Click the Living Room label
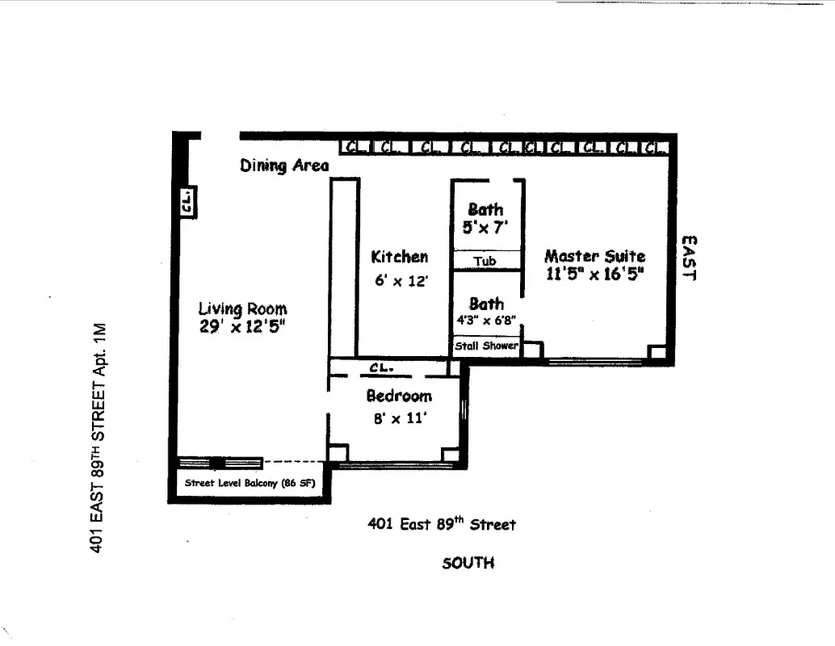[242, 308]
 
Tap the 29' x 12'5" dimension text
[242, 326]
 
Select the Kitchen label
[399, 257]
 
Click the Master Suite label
[594, 256]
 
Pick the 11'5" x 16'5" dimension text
[594, 274]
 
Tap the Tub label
[485, 261]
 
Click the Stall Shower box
[486, 346]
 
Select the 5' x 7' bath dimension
[485, 228]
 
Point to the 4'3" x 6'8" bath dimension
[486, 320]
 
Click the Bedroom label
[399, 396]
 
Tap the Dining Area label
[284, 166]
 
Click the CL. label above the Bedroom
[381, 367]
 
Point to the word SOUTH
[468, 563]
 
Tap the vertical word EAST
[689, 258]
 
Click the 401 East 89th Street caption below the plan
[441, 524]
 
